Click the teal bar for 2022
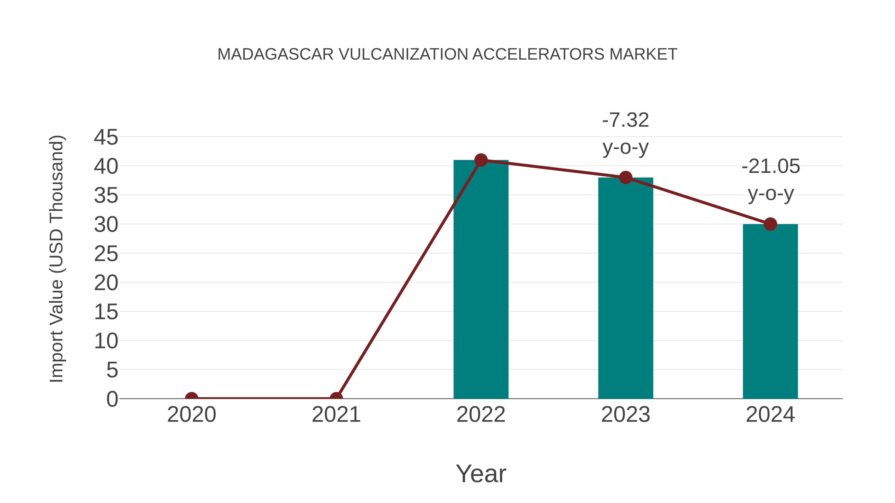[481, 285]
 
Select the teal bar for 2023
[626, 292]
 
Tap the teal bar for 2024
[770, 312]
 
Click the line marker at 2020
[191, 398]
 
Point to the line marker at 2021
[336, 398]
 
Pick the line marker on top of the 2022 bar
[481, 160]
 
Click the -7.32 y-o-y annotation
[626, 134]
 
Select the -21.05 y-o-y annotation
[771, 180]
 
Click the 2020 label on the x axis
[191, 415]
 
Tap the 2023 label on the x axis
[626, 415]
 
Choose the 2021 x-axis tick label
[336, 415]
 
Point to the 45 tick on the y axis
[106, 137]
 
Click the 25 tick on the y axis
[106, 254]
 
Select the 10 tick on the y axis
[106, 341]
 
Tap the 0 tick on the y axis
[112, 399]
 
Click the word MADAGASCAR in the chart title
[275, 54]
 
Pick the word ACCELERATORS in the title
[538, 54]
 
